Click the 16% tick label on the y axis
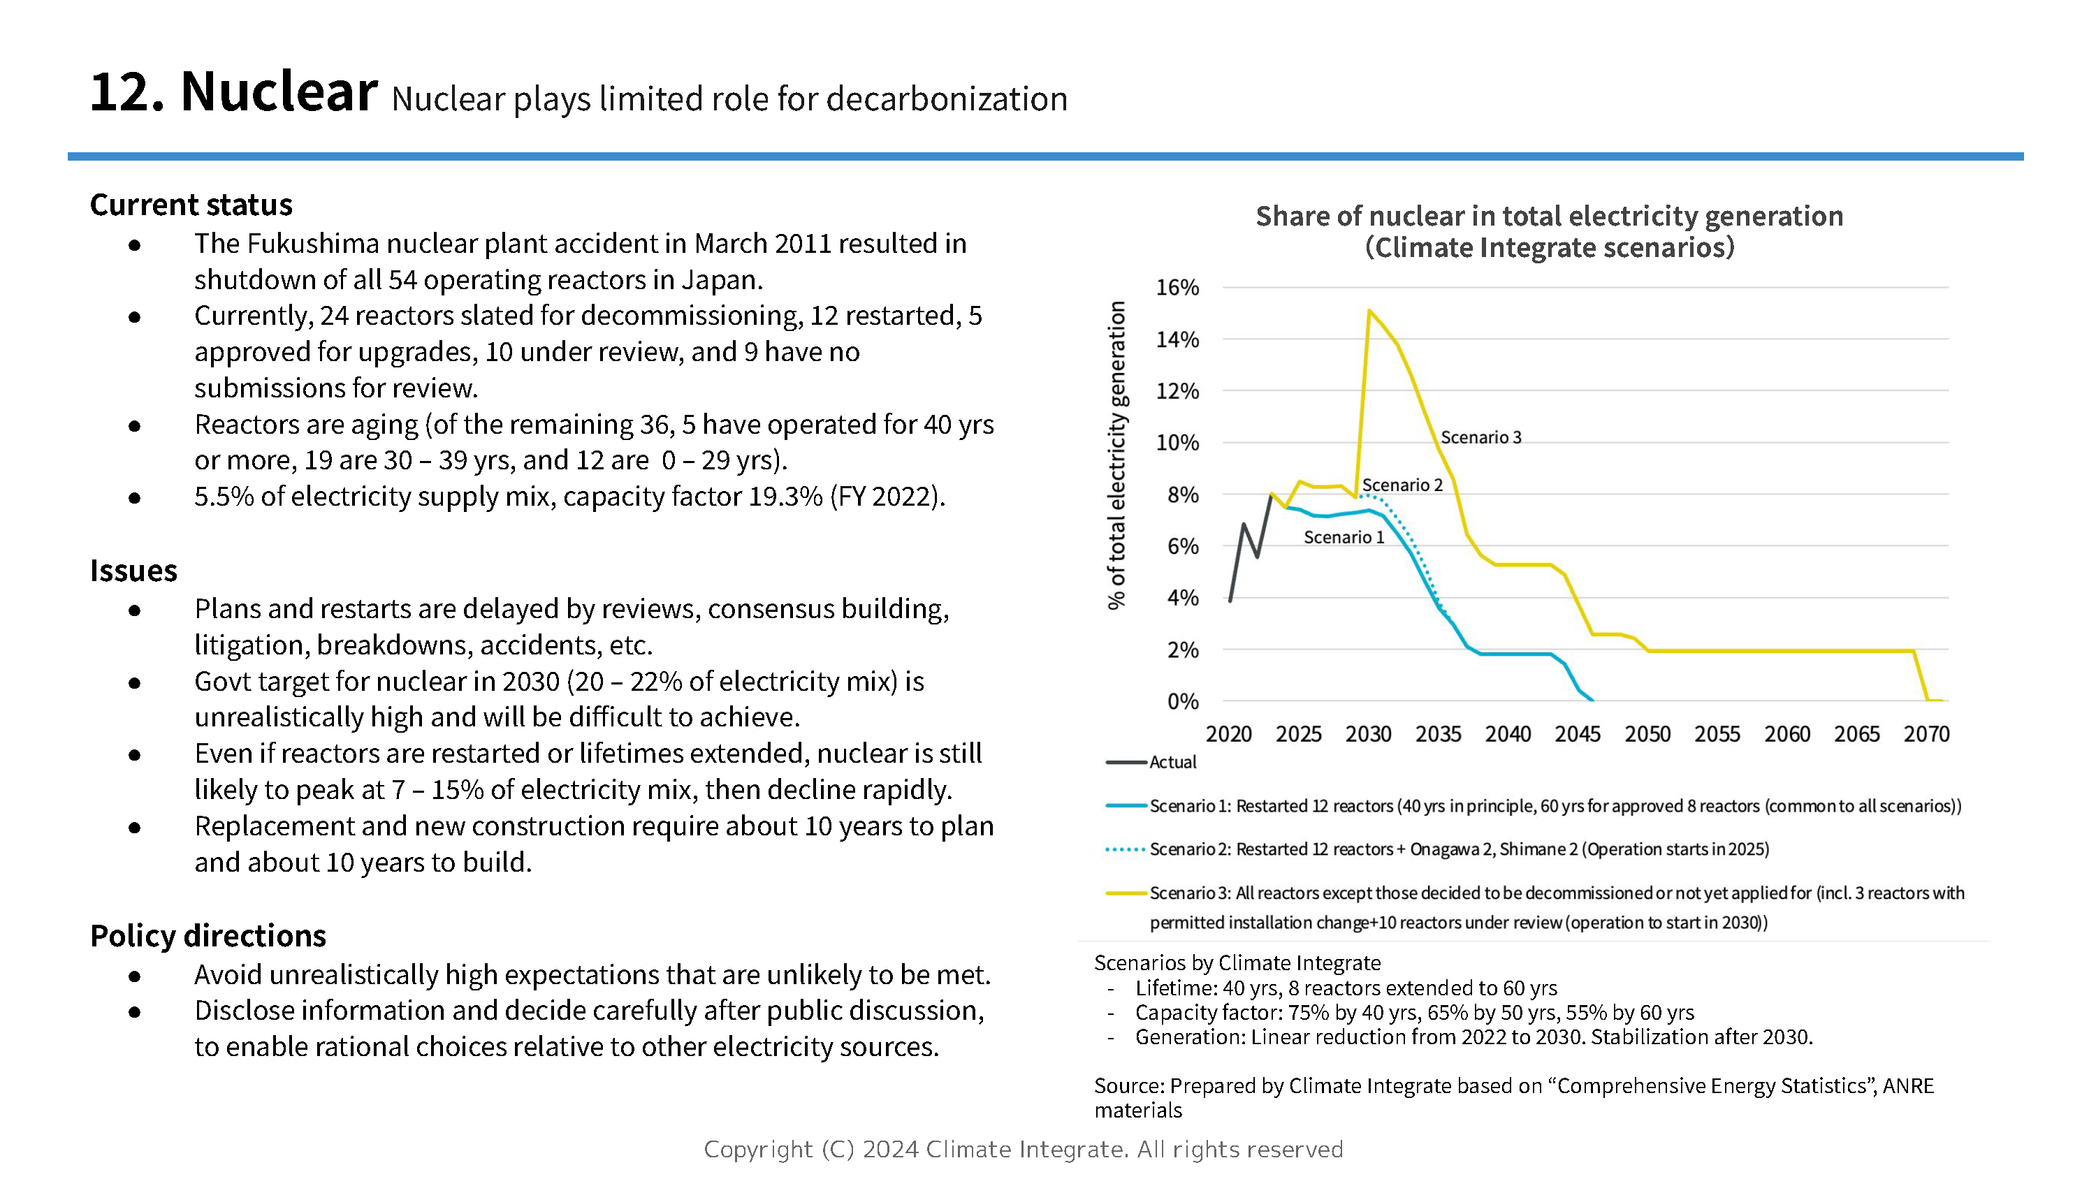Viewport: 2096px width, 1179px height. click(x=1177, y=287)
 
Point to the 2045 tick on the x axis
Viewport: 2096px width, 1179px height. click(x=1577, y=734)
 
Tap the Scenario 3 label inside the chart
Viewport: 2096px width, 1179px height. click(x=1480, y=437)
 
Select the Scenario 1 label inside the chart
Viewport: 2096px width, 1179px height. click(x=1344, y=537)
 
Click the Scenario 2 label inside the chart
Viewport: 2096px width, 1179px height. click(x=1402, y=485)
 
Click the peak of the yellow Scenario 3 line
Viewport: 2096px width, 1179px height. click(x=1369, y=310)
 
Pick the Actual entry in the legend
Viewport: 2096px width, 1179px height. click(x=1172, y=763)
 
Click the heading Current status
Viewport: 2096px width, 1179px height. click(x=191, y=205)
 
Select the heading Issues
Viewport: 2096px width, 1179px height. click(x=133, y=571)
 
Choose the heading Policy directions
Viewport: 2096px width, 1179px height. click(x=208, y=936)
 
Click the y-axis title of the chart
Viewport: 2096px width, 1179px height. click(x=1116, y=455)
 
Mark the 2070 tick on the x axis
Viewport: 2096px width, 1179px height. click(x=1926, y=734)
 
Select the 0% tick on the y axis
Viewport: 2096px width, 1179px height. click(x=1182, y=701)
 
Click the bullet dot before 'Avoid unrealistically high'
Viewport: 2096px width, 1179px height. click(x=135, y=976)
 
